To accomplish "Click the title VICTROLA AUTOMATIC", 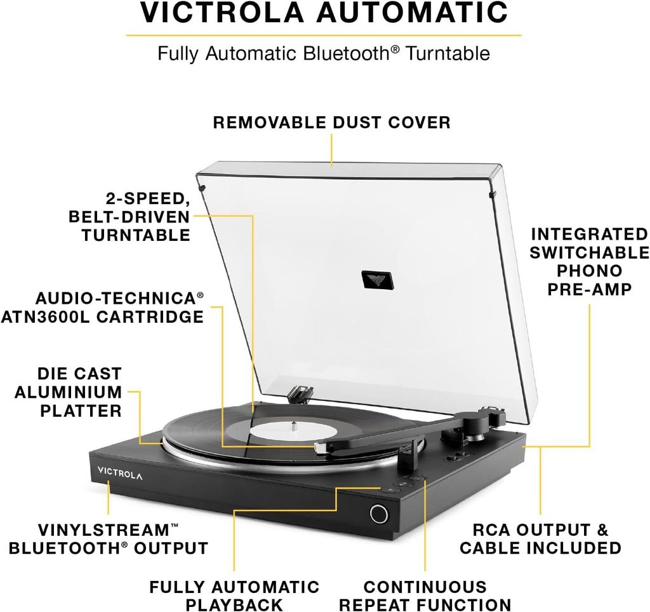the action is (324, 13).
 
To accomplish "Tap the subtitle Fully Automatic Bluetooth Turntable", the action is (324, 53).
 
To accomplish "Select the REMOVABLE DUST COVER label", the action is (331, 123).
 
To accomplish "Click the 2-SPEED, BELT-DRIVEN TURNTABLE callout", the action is (129, 217).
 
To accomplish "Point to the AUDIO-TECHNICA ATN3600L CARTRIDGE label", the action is (102, 308).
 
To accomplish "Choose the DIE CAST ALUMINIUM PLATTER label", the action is (69, 392).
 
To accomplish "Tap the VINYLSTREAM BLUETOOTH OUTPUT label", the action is (108, 539).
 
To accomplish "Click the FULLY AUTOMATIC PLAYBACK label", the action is (234, 595).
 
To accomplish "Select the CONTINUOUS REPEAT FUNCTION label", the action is (425, 595).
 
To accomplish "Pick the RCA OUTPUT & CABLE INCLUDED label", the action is (541, 539).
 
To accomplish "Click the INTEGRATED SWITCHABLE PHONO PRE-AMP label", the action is (590, 261).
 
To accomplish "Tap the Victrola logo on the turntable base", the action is (120, 473).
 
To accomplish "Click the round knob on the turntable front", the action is (379, 514).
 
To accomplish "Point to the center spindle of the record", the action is (294, 426).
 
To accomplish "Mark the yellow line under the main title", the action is (324, 35).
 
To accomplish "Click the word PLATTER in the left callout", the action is (81, 411).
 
